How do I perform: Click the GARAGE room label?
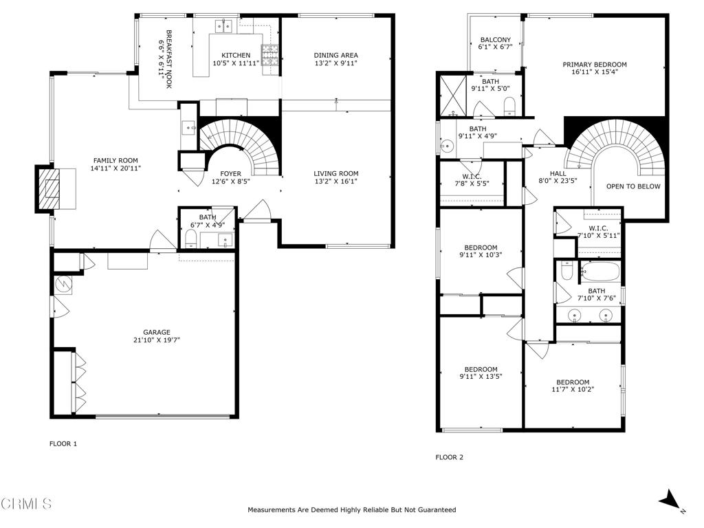pyautogui.click(x=156, y=332)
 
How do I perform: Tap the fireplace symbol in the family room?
pyautogui.click(x=49, y=187)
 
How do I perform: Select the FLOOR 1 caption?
pyautogui.click(x=63, y=444)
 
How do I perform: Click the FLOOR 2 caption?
pyautogui.click(x=450, y=457)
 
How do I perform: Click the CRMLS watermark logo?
pyautogui.click(x=26, y=504)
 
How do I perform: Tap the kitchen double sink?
pyautogui.click(x=224, y=27)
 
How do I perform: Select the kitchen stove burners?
pyautogui.click(x=269, y=52)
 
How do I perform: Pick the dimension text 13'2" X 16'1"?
pyautogui.click(x=335, y=181)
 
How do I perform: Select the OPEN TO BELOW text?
pyautogui.click(x=632, y=186)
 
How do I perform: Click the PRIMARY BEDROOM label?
pyautogui.click(x=595, y=65)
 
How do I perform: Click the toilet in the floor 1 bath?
pyautogui.click(x=190, y=239)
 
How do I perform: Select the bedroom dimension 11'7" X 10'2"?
pyautogui.click(x=572, y=390)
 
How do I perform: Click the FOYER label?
pyautogui.click(x=230, y=173)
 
